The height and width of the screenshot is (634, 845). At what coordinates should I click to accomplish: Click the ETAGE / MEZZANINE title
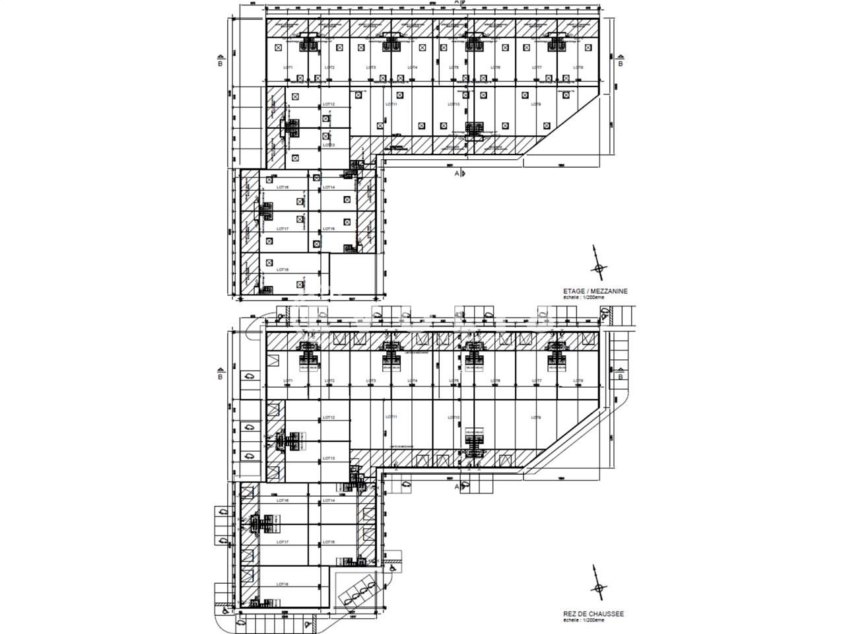(x=595, y=291)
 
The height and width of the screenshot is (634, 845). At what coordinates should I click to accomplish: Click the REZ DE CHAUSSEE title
(x=593, y=614)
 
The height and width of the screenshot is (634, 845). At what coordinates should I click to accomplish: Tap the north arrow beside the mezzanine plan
(x=598, y=267)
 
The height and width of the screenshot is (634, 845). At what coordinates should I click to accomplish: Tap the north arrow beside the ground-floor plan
(x=598, y=588)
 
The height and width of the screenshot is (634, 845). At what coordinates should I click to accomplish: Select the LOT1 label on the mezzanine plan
(x=288, y=68)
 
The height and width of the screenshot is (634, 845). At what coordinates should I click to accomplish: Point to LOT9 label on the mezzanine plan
(x=536, y=104)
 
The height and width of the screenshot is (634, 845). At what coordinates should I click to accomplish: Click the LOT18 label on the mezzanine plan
(x=283, y=269)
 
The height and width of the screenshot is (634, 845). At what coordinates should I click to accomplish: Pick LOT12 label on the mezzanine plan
(x=328, y=104)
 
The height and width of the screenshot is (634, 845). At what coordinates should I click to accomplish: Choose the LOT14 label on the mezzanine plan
(x=329, y=188)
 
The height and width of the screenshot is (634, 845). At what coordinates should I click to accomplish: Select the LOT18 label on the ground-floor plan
(x=283, y=584)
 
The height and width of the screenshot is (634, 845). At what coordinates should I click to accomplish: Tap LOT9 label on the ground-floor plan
(x=536, y=417)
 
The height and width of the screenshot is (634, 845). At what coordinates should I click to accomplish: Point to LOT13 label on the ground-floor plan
(x=328, y=458)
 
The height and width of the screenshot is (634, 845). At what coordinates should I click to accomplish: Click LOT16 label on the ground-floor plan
(x=283, y=501)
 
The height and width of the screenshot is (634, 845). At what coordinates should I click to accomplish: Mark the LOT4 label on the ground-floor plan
(x=412, y=381)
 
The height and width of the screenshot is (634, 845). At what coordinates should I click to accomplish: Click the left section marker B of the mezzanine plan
(x=220, y=63)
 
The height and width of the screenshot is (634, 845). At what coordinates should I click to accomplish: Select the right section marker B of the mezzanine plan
(x=620, y=63)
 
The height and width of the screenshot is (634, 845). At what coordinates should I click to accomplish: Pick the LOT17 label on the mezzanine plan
(x=283, y=229)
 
